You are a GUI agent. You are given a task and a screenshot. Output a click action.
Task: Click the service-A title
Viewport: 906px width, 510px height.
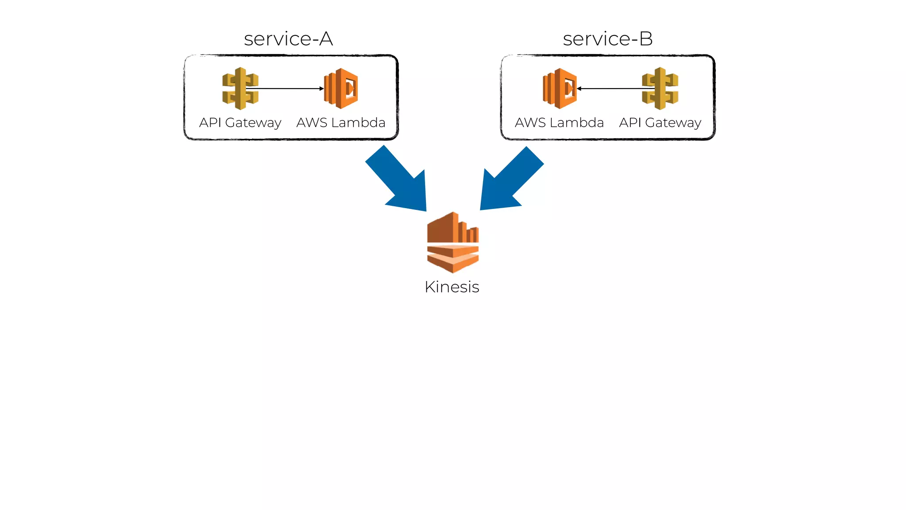288,39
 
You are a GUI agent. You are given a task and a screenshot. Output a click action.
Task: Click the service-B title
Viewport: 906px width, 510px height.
607,39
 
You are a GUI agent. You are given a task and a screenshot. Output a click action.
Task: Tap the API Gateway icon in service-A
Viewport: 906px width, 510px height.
240,89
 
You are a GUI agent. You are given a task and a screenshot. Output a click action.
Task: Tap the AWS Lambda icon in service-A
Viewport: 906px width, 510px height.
341,89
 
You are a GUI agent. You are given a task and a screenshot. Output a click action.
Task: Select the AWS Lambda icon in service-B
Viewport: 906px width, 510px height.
560,89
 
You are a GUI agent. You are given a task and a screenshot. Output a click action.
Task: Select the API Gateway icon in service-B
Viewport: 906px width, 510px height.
660,89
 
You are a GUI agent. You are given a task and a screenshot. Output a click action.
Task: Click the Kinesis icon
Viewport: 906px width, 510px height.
453,242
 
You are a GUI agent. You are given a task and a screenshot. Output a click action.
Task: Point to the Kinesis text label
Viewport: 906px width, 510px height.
452,287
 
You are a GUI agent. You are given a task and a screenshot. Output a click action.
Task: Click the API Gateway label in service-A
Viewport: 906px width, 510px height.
240,123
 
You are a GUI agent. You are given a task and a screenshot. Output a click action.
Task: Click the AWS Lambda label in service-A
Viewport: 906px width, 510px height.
341,123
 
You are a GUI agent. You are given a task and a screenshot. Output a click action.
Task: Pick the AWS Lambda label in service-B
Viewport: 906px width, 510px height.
559,123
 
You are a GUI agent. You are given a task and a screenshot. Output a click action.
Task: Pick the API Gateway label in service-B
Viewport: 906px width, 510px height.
660,123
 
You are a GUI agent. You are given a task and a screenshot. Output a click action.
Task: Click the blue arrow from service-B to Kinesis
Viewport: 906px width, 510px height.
509,182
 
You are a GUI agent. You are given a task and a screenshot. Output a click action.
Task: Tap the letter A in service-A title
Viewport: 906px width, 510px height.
326,39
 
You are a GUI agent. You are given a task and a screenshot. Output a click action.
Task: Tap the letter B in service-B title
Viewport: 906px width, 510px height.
646,39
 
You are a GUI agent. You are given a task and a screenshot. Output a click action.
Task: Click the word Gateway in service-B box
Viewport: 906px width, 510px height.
673,123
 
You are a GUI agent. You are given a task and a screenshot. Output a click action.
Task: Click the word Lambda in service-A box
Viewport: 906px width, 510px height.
358,123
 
